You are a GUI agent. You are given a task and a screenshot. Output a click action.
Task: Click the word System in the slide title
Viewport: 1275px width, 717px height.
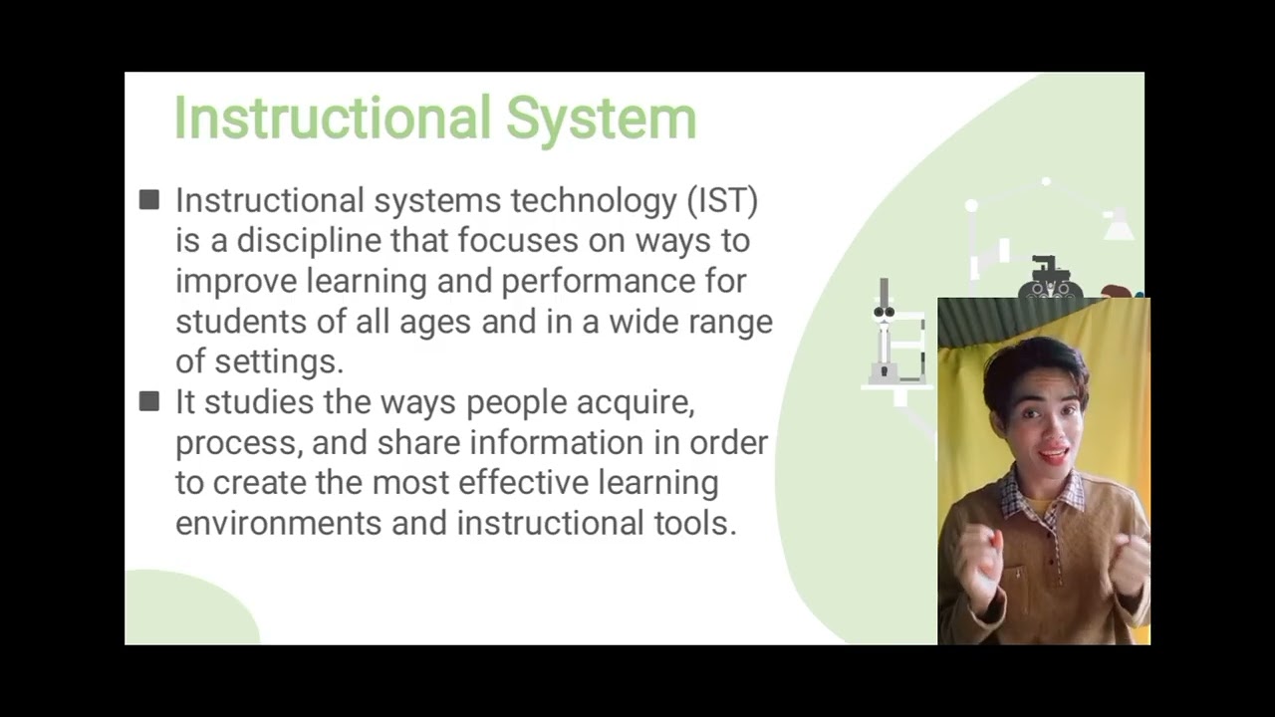point(601,119)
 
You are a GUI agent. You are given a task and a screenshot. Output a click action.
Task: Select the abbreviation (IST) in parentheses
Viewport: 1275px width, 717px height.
point(722,200)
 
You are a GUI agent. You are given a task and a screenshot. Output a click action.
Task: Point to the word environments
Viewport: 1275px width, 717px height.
point(278,524)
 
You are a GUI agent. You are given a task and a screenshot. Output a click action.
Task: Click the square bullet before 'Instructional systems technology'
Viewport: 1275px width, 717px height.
point(149,200)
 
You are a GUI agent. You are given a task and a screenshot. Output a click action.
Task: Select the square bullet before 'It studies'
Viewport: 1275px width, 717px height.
point(149,401)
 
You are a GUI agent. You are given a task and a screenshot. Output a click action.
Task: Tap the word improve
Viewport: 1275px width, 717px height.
point(235,282)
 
